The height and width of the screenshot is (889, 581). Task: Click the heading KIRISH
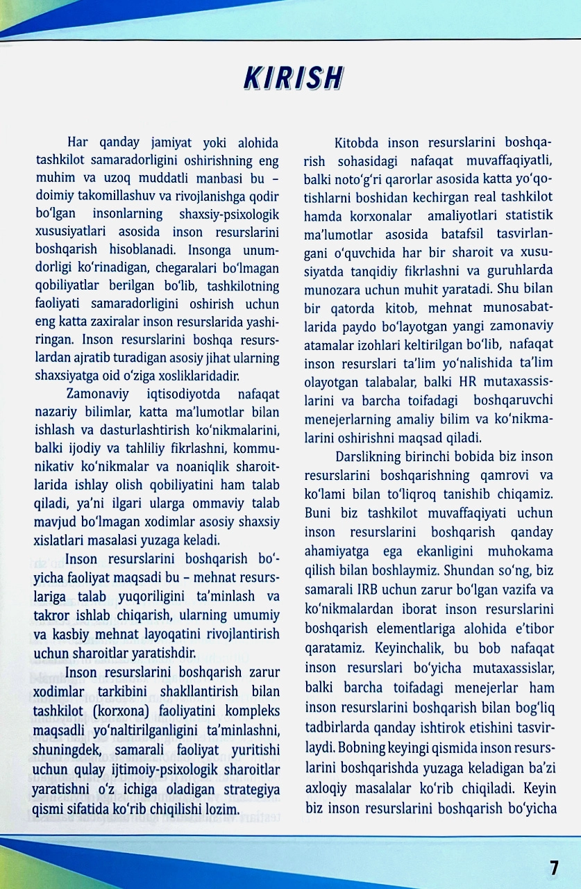293,78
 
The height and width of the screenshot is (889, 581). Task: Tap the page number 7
553,867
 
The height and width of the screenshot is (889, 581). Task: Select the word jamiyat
174,144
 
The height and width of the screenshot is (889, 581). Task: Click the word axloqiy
326,790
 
